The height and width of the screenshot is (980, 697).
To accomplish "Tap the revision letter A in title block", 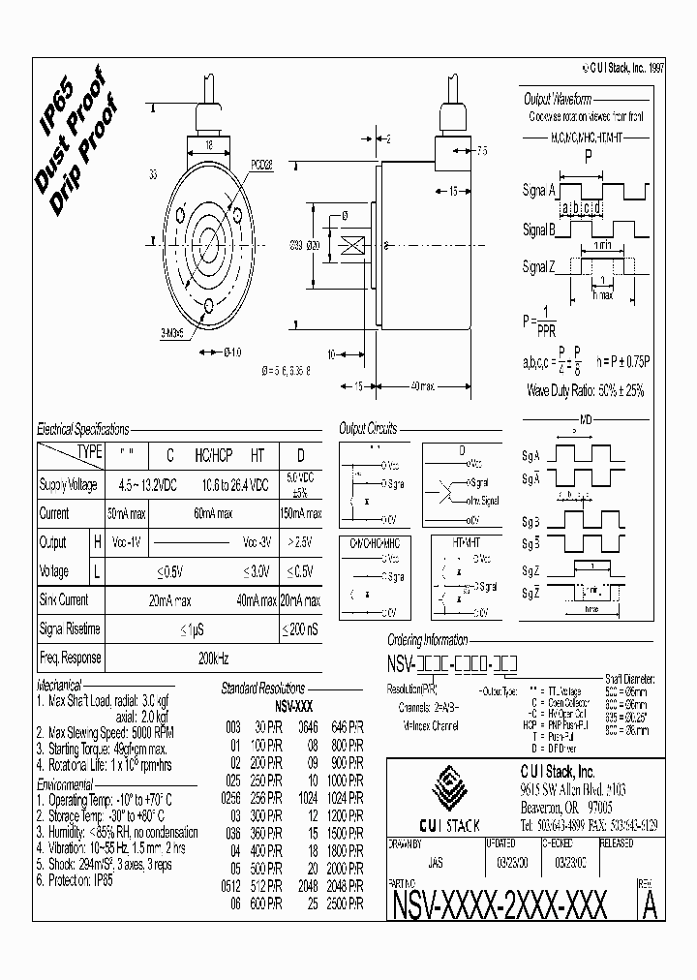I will pyautogui.click(x=650, y=905).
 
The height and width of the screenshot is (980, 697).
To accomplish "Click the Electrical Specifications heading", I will pyautogui.click(x=82, y=427).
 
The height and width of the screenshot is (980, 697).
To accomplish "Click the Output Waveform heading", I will pyautogui.click(x=558, y=100).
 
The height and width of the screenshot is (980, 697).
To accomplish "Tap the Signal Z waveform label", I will pyautogui.click(x=539, y=267).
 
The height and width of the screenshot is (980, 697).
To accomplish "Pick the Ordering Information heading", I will pyautogui.click(x=427, y=640).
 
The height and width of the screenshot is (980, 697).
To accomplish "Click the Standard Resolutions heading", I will pyautogui.click(x=262, y=688).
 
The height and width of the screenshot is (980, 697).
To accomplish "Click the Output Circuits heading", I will pyautogui.click(x=368, y=428).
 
